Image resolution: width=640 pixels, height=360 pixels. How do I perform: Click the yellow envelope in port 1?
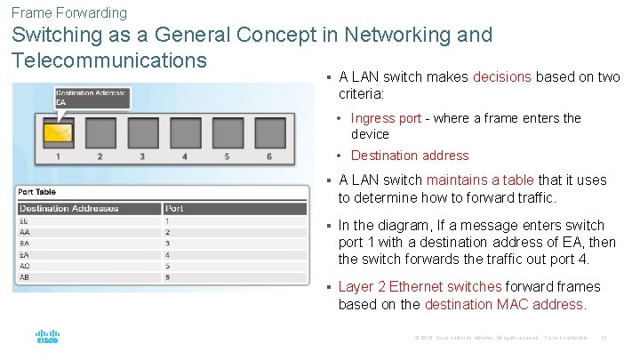(x=59, y=133)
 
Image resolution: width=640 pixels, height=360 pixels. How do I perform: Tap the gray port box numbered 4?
(x=185, y=132)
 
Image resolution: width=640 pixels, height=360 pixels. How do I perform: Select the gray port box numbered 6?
(x=268, y=132)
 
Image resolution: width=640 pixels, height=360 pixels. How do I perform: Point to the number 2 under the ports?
(x=100, y=156)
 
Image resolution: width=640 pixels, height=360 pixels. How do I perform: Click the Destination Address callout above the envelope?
(x=92, y=97)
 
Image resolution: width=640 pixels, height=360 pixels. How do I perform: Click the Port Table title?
(x=37, y=191)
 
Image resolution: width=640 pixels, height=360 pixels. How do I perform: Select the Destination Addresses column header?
(x=68, y=208)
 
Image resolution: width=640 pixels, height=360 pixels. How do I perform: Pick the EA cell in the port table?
(x=25, y=254)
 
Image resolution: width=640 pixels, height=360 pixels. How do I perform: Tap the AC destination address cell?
(x=25, y=266)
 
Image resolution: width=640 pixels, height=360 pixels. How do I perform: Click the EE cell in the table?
(x=25, y=220)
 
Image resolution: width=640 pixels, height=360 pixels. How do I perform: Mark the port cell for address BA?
(x=168, y=243)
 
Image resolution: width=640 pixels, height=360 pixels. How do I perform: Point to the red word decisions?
(x=502, y=77)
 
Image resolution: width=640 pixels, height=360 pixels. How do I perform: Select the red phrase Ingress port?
(x=386, y=118)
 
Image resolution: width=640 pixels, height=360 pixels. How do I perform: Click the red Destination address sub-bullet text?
(x=410, y=156)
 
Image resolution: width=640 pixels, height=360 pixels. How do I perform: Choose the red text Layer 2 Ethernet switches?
(x=420, y=286)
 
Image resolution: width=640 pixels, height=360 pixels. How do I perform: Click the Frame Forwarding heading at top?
(x=69, y=12)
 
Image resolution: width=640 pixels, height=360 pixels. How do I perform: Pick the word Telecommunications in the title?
(x=109, y=60)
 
